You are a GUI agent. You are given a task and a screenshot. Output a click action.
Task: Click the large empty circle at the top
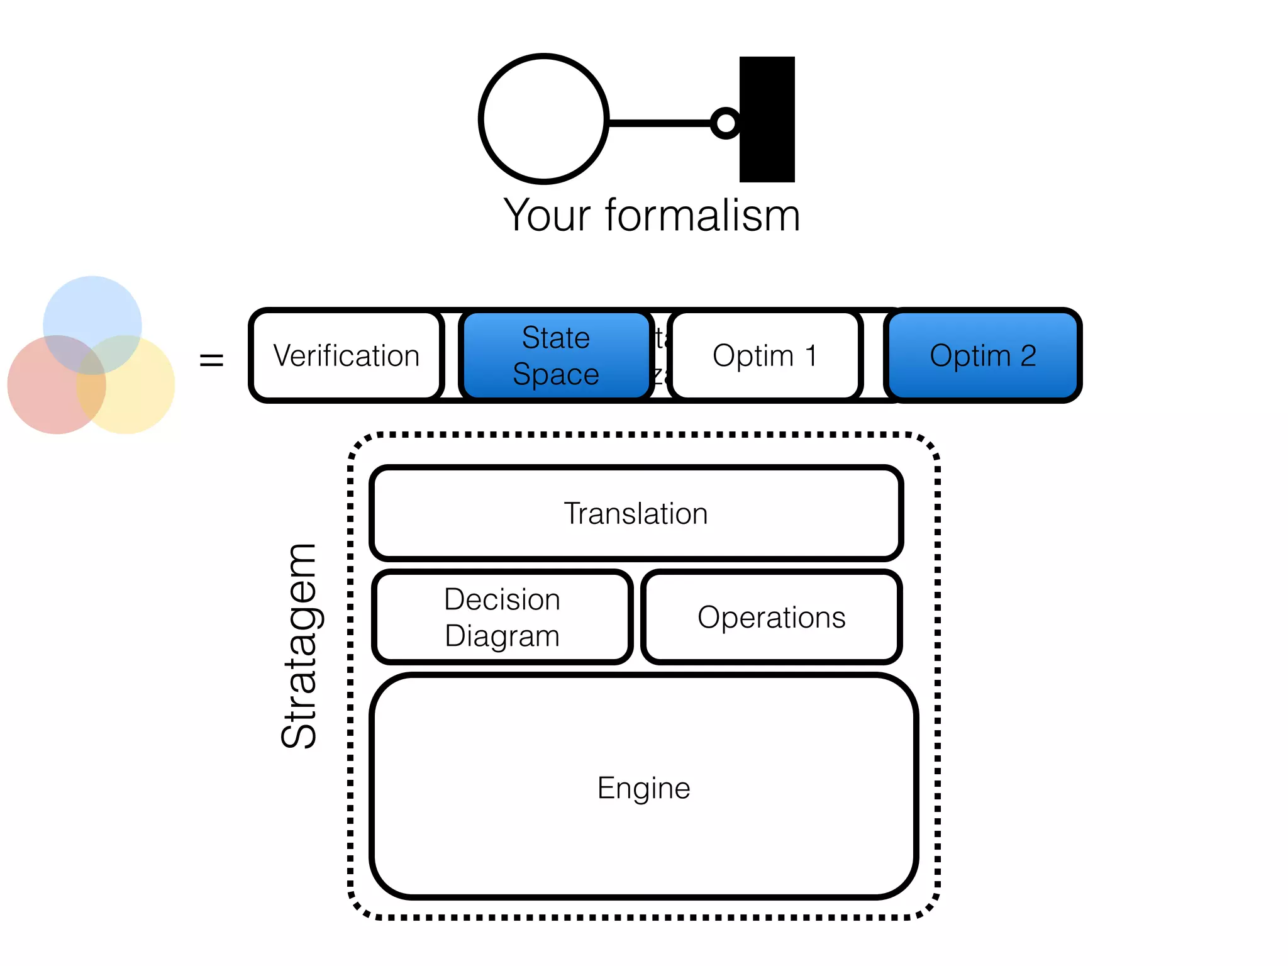[543, 119]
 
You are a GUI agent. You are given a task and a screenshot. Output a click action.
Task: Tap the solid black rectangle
[767, 119]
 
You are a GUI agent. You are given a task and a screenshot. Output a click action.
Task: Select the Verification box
[346, 355]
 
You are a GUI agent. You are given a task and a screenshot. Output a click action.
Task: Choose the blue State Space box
[556, 355]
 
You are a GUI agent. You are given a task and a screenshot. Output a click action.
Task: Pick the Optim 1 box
[765, 355]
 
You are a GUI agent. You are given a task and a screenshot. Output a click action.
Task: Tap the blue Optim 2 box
[982, 355]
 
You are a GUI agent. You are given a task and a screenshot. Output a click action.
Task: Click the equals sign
[211, 360]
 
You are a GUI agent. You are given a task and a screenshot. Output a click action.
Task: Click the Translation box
[636, 513]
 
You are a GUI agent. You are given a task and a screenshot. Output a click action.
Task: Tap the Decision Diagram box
[502, 617]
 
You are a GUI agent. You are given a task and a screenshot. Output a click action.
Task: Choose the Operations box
[771, 617]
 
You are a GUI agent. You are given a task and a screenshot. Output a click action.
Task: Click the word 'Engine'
[643, 788]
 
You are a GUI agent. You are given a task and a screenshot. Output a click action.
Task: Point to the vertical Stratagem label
[299, 646]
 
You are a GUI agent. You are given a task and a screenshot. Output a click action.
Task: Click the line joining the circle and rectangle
[657, 123]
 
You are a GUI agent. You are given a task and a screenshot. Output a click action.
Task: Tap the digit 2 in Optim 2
[1028, 356]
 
